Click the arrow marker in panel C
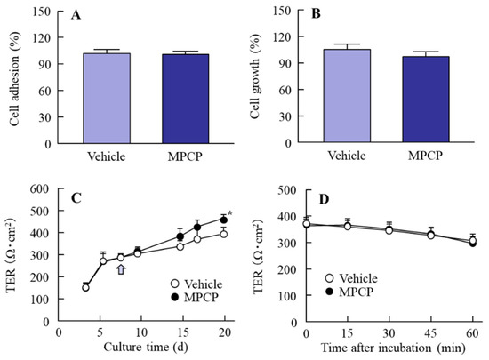point(121,268)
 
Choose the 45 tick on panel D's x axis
point(430,333)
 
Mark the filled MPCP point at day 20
point(224,219)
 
